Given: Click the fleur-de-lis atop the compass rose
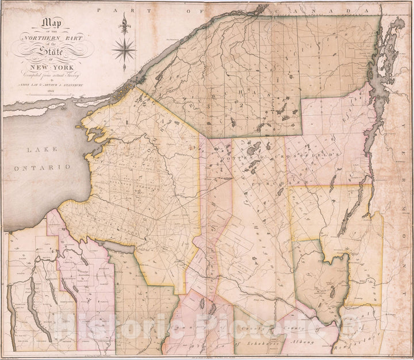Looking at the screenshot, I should tap(123, 24).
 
